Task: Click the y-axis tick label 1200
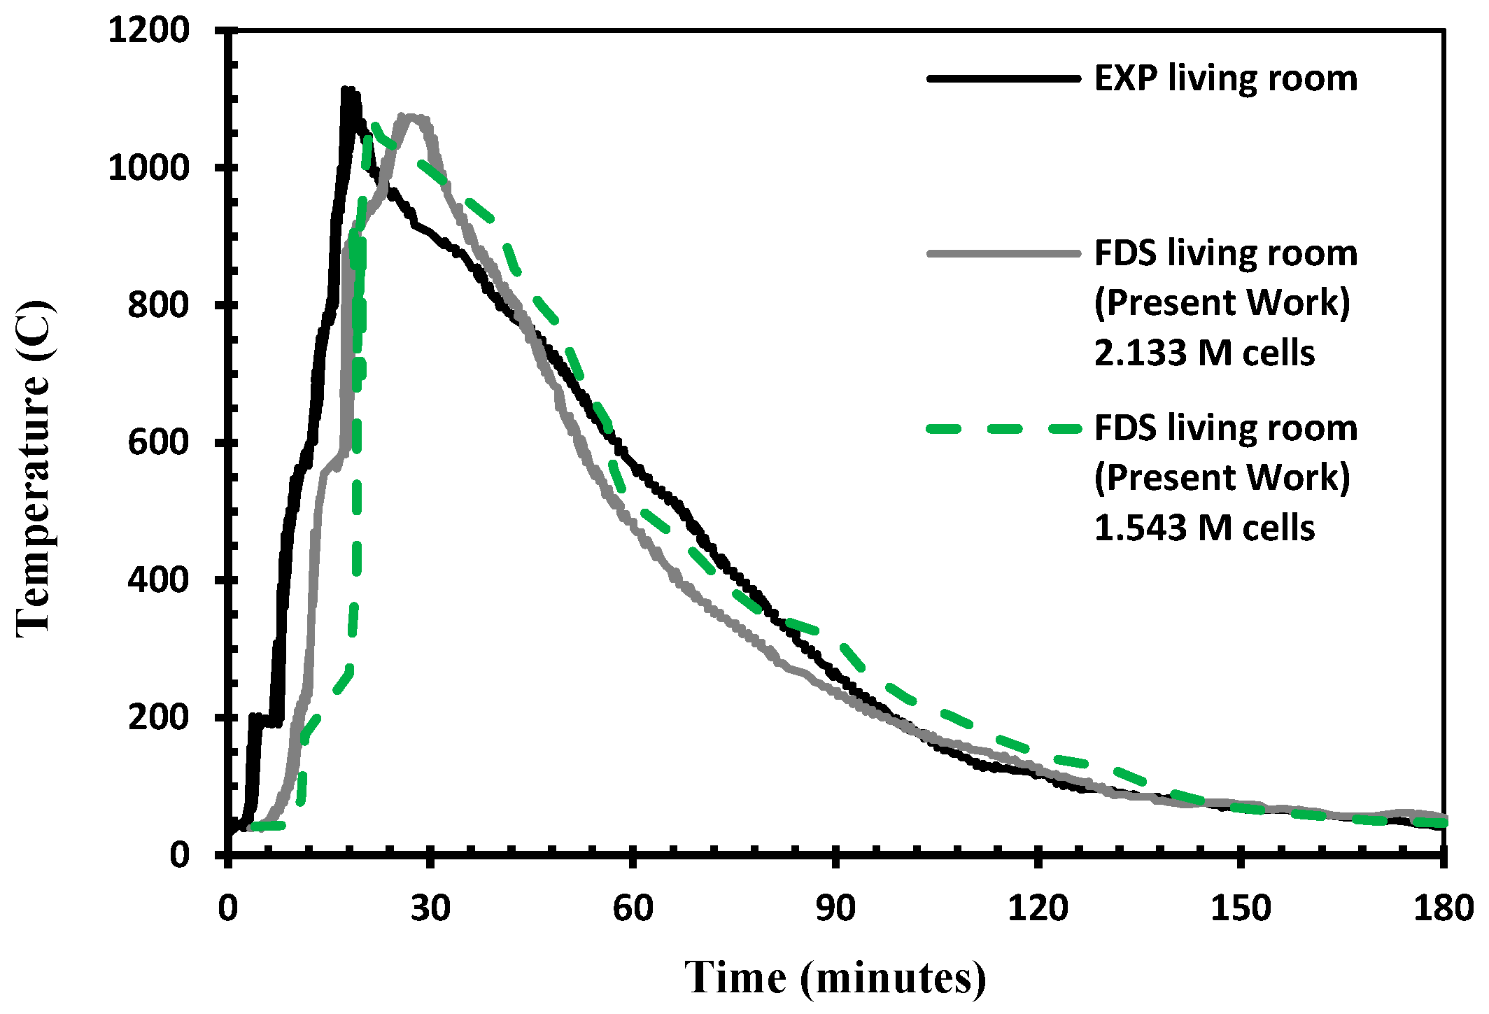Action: coord(148,31)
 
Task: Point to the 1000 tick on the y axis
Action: coord(148,168)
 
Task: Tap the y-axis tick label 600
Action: coord(158,443)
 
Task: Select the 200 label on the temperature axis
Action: coord(158,718)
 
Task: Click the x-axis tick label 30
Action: coord(430,909)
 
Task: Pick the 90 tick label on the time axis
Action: coord(835,909)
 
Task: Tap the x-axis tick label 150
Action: coord(1240,909)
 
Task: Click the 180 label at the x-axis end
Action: coord(1443,909)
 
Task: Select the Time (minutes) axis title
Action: coord(835,978)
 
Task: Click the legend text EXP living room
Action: coord(1225,78)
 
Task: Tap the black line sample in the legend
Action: coord(1003,78)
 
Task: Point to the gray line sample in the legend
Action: coord(1003,253)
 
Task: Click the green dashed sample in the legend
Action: coord(1003,428)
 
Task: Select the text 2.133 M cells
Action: coord(1204,353)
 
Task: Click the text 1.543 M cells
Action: coord(1204,528)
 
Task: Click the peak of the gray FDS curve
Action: coord(410,118)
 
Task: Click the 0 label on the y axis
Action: coord(179,855)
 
